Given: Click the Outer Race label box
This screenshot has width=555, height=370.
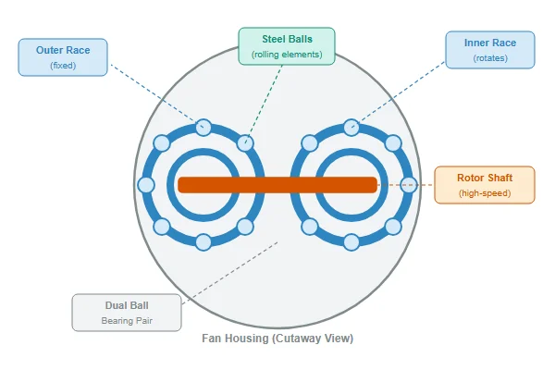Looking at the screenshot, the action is coord(63,57).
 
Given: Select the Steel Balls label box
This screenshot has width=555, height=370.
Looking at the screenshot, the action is coord(287,46).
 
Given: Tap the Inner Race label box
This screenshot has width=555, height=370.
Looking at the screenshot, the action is coord(490,50).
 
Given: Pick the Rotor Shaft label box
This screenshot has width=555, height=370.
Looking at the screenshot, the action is coord(485,185).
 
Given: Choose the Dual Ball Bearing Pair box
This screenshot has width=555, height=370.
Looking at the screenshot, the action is coord(127,313).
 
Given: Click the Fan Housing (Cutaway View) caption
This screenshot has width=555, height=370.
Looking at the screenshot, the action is coord(277,339).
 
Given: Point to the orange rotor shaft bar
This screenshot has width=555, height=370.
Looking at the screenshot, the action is coord(277,185).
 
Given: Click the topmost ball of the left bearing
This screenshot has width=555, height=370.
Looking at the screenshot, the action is coord(203,128).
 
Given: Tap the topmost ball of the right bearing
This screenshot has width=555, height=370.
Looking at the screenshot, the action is coord(351,128).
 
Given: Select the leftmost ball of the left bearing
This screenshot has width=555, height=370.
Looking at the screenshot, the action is coord(146,185).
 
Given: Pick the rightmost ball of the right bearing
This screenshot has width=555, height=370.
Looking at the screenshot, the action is coord(409,185).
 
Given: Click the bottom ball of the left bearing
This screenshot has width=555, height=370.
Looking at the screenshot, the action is coord(203,242).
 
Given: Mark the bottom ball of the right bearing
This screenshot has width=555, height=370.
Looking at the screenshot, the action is coord(351,242).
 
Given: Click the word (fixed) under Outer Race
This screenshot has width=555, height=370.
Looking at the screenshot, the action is coord(63,66).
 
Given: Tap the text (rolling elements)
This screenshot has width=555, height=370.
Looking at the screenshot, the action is coord(287,55).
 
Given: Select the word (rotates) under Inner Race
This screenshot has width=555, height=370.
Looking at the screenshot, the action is coord(490,58).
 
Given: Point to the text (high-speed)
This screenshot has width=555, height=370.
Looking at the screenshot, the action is coord(485,193).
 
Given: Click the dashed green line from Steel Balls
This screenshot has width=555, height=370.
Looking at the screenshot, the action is coord(264,105).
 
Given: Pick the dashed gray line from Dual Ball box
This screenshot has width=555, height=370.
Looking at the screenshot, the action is coord(230,273).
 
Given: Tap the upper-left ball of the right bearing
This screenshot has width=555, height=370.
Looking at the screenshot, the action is coord(310,143).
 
